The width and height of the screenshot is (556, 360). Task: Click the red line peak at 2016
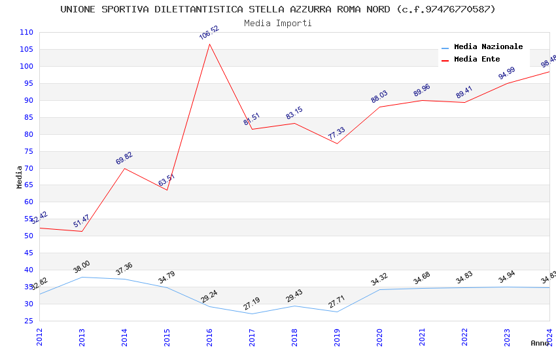click(209, 44)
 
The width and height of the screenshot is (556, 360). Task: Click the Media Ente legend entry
click(476, 60)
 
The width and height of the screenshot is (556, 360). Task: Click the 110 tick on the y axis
click(27, 32)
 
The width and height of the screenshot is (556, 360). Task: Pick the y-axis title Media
click(20, 177)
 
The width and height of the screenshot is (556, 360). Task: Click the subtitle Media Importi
click(278, 23)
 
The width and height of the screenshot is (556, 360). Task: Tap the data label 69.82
click(124, 158)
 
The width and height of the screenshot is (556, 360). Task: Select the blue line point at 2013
click(82, 277)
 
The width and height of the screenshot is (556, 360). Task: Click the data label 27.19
click(252, 304)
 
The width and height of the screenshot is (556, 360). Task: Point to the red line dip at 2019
click(337, 143)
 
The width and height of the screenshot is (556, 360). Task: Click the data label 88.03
click(379, 97)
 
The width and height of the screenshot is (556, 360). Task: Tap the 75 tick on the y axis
click(27, 151)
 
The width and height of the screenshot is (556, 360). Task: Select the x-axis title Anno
click(540, 343)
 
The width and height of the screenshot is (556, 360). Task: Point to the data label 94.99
click(507, 73)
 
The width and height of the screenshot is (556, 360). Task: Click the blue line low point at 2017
click(252, 314)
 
